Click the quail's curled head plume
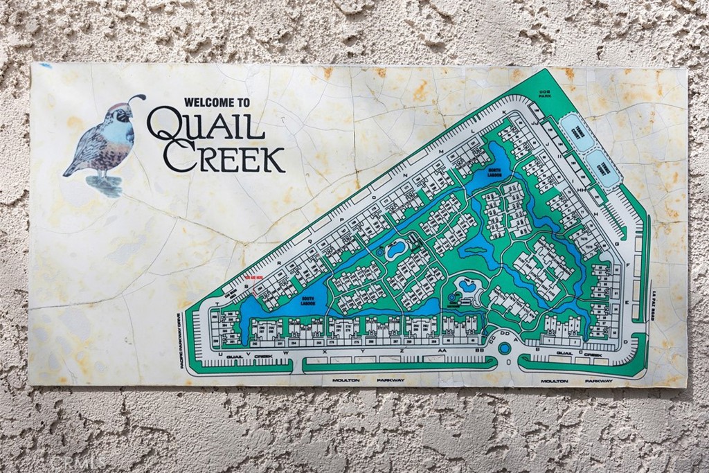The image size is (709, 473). coord(138,98)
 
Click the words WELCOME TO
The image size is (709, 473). coord(217,102)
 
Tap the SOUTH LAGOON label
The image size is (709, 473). coord(307,302)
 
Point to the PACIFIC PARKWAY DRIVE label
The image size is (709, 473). coord(183,339)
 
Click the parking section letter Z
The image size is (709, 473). coord(402,352)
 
